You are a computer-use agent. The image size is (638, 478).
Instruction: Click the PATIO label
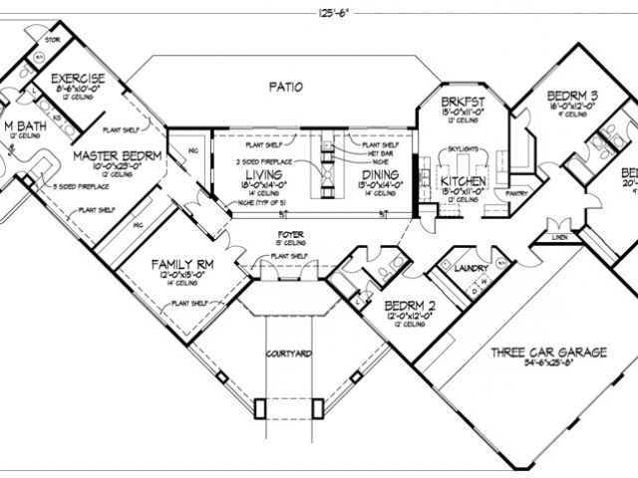pyautogui.click(x=285, y=86)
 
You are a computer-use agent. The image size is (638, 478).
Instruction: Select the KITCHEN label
pyautogui.click(x=463, y=182)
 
